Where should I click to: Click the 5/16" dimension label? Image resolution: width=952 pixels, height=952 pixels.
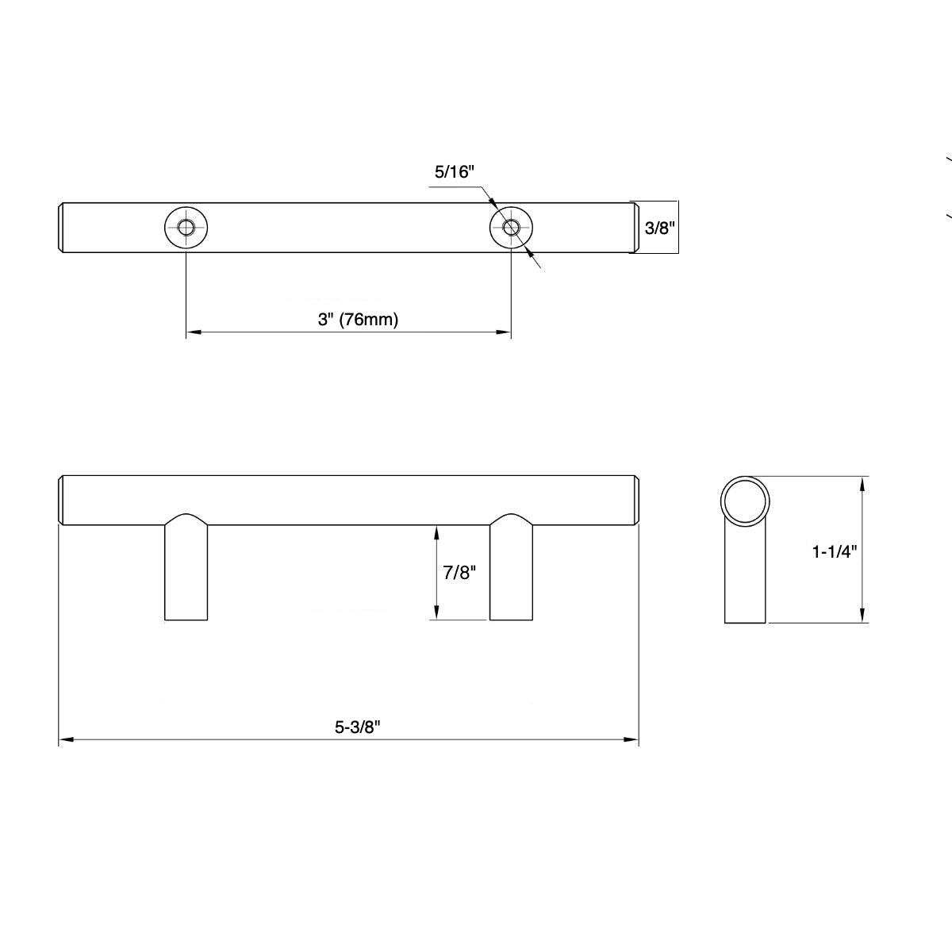(454, 171)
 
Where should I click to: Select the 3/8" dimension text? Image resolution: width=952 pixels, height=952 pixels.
(658, 228)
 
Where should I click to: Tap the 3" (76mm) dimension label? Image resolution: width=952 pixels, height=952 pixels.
(358, 320)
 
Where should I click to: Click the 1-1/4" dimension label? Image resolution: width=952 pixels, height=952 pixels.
(835, 551)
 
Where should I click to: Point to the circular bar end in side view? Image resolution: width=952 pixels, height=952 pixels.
(745, 501)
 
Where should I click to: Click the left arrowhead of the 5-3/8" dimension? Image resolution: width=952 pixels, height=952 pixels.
(66, 740)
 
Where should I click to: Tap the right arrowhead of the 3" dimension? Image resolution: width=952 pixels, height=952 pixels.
(504, 332)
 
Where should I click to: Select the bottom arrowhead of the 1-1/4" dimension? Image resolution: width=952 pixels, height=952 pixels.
(863, 616)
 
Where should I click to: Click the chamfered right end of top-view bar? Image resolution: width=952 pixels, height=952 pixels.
(635, 228)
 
